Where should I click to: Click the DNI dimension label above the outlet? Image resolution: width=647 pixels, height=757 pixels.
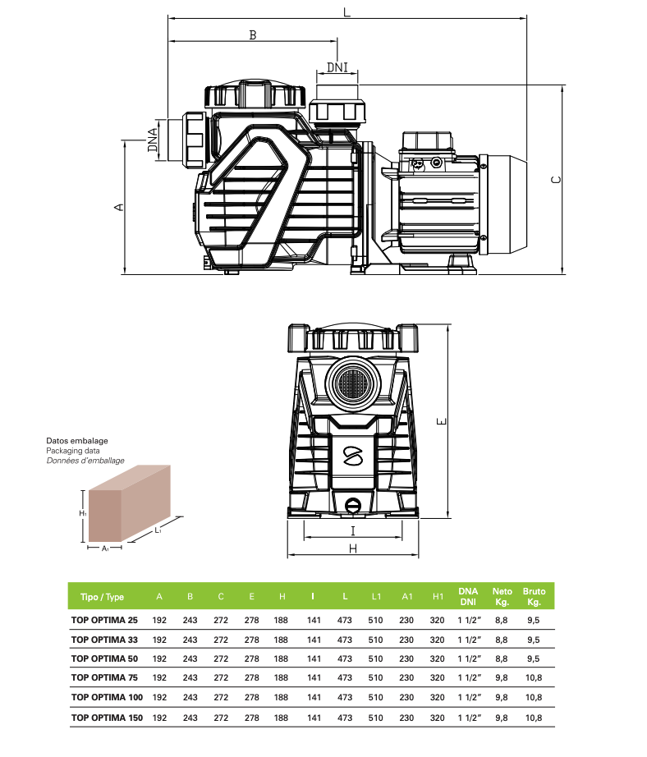pos(337,67)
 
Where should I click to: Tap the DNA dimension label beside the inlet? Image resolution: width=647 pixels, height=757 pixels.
pos(153,140)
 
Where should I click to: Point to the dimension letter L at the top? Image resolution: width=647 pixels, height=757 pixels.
pos(346,12)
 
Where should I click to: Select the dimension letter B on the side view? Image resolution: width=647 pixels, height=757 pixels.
pos(253,34)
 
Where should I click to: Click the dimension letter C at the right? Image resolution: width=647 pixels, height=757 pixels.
pos(556,180)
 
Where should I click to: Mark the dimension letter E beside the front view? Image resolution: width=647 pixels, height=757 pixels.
pos(441,421)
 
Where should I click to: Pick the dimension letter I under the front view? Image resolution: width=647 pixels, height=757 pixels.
pos(353,531)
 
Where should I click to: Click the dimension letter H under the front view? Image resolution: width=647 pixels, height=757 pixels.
pos(353,548)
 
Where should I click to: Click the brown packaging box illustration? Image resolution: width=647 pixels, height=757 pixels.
pos(130,503)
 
